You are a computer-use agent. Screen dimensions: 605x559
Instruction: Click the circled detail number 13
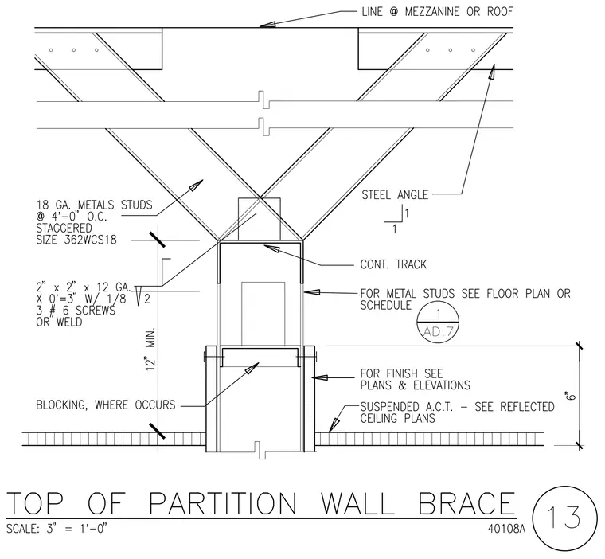[564, 518]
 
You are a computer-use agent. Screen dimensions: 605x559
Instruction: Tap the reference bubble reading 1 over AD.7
[438, 322]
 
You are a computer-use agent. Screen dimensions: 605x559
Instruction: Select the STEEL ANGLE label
[395, 195]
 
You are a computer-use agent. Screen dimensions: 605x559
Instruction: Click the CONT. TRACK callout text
[393, 264]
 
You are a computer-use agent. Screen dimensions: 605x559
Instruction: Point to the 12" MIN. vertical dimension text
[151, 349]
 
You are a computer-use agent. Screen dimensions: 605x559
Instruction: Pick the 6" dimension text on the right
[571, 396]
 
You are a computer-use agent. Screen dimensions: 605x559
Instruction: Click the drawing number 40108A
[506, 529]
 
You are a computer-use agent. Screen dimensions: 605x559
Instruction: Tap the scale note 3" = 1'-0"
[76, 528]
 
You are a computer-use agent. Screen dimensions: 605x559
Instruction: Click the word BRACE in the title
[466, 503]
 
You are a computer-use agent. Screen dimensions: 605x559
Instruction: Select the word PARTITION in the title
[223, 503]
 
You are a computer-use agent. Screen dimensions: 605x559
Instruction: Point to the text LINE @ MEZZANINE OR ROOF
[437, 12]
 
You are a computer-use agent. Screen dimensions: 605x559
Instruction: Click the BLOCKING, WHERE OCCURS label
[106, 405]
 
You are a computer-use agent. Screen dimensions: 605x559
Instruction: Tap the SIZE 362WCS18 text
[76, 240]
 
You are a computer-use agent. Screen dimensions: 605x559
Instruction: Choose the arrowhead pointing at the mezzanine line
[267, 25]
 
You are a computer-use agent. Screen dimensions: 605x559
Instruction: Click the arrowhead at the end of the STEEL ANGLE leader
[492, 72]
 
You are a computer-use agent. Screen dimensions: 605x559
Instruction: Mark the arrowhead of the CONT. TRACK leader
[271, 248]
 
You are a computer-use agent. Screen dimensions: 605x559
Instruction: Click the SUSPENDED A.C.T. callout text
[457, 412]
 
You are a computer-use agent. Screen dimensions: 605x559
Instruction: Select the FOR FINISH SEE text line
[401, 373]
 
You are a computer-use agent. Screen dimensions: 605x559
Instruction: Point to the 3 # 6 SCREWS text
[76, 311]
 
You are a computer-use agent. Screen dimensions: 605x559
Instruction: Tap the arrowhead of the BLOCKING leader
[252, 369]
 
